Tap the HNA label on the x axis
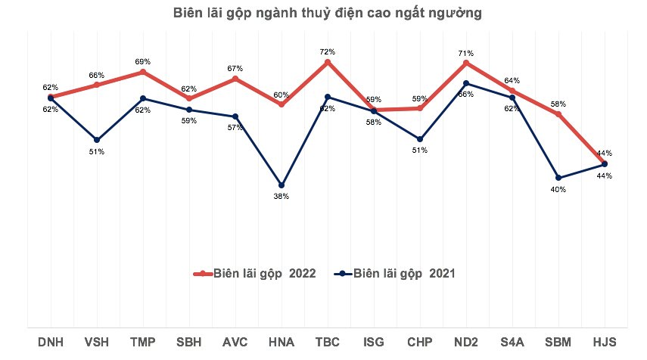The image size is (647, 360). click(282, 342)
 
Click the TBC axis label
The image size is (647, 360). click(328, 342)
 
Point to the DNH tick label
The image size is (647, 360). click(51, 342)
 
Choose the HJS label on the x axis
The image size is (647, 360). click(605, 342)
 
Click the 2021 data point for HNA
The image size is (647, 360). click(282, 185)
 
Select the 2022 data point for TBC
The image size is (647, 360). click(328, 62)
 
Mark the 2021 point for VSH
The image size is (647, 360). click(97, 140)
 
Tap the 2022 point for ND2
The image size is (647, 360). click(466, 63)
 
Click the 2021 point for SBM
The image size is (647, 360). click(558, 178)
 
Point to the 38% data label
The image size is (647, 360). click(282, 197)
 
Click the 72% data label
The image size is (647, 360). click(328, 51)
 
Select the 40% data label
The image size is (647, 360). click(558, 190)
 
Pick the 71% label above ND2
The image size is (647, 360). click(466, 53)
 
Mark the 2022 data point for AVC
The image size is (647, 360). click(235, 79)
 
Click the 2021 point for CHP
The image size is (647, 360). click(420, 139)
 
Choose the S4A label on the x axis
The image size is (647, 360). click(512, 342)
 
